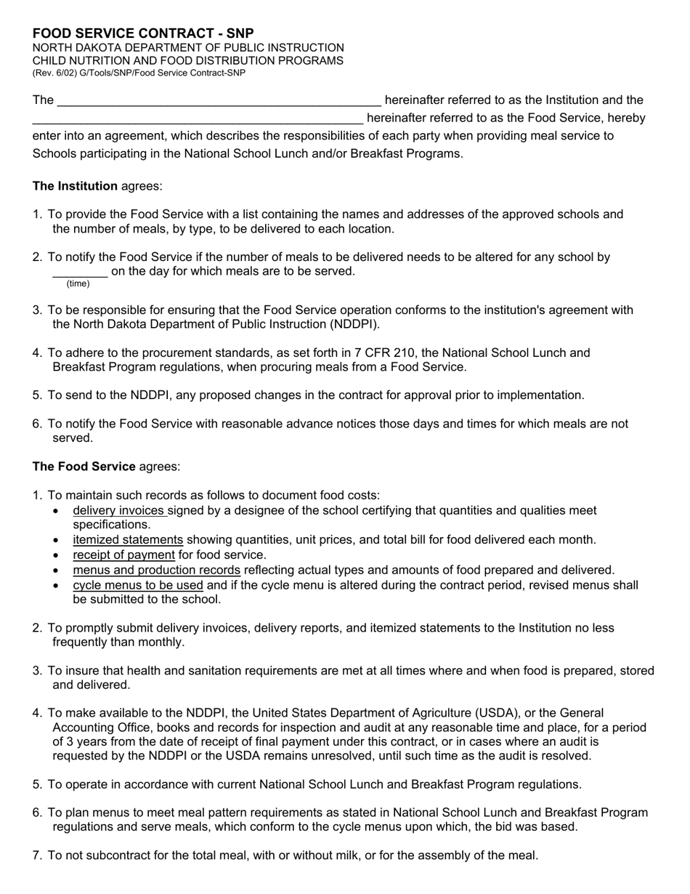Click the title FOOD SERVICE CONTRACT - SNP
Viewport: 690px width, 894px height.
143,33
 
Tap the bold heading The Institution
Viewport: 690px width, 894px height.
75,186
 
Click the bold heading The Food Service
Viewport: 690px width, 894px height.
84,467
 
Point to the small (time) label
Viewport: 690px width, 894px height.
78,283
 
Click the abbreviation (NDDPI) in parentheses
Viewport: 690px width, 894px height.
354,324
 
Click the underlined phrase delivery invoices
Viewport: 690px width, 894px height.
119,511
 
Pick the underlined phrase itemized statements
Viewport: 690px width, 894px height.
128,540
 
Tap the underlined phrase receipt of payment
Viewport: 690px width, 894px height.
123,555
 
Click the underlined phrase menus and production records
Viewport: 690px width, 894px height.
156,570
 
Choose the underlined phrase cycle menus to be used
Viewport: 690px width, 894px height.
138,585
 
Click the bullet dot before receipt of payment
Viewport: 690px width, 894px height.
57,556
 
